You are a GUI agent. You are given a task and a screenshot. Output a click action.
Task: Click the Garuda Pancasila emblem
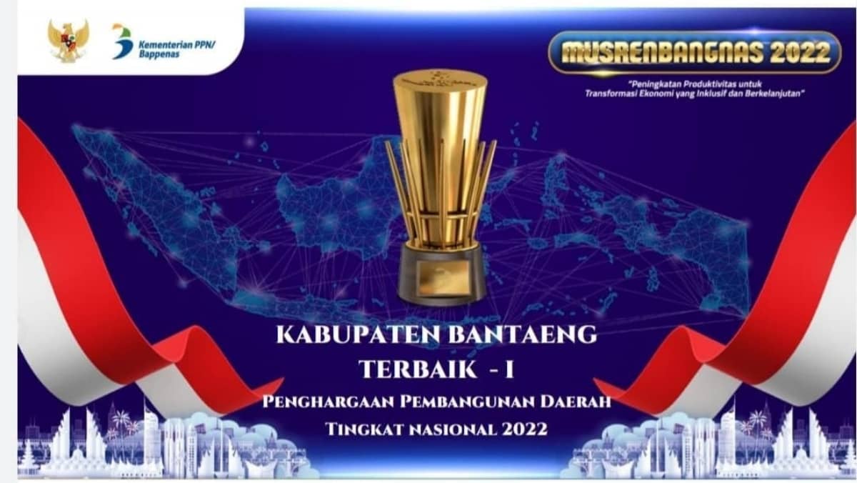(68, 41)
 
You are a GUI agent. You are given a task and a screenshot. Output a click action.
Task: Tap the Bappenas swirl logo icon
(122, 41)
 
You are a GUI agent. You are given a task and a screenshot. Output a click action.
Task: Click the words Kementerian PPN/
(177, 45)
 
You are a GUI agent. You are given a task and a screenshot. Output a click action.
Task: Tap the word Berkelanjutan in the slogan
(773, 94)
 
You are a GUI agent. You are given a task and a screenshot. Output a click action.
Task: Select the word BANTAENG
(522, 335)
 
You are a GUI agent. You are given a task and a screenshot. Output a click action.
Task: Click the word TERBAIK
(419, 369)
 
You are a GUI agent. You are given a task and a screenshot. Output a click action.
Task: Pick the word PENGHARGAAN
(329, 402)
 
